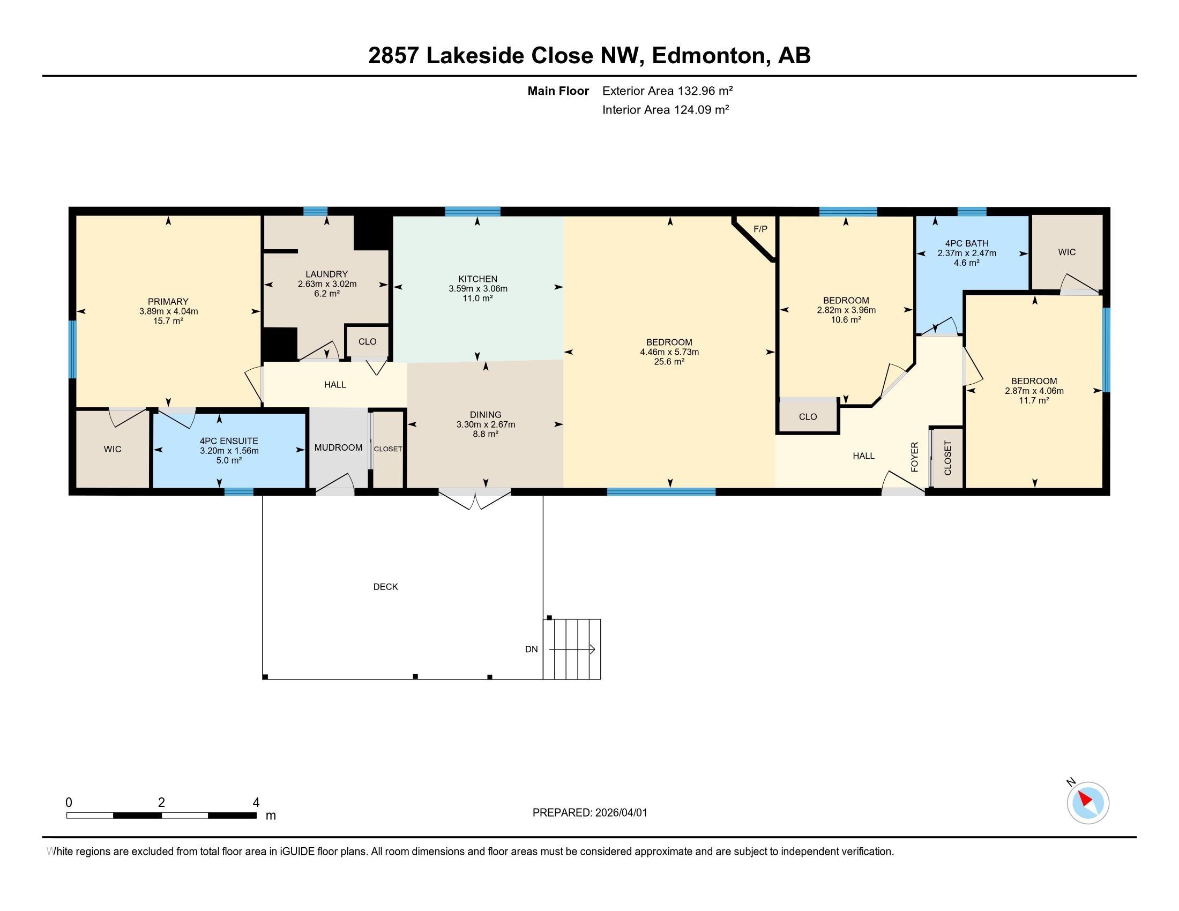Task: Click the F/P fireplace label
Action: pos(760,229)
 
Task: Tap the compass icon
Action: pos(1087,802)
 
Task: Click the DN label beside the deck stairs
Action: pos(531,649)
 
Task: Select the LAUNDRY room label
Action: pos(326,274)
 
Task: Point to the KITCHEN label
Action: pos(477,279)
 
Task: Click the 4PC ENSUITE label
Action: pos(229,441)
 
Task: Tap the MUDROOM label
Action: pos(339,447)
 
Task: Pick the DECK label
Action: pos(385,587)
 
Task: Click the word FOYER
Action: pos(914,457)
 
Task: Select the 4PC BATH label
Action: pos(967,243)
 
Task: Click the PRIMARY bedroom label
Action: pos(168,302)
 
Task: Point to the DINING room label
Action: pos(486,414)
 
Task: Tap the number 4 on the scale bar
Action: pos(256,803)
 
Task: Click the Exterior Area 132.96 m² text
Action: pos(667,91)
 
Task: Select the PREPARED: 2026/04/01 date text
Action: pos(589,813)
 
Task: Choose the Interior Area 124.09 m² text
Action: pos(666,109)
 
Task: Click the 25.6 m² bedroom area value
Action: pos(669,362)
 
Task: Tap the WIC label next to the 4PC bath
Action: pos(1066,252)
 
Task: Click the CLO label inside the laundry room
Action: pos(367,342)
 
